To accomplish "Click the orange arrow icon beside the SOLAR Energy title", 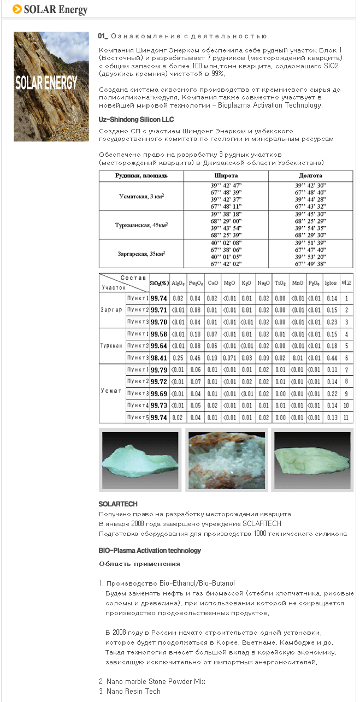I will click(17, 9).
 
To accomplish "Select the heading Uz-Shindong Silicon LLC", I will click(137, 119).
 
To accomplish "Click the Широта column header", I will click(226, 176).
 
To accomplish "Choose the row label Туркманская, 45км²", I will click(141, 225).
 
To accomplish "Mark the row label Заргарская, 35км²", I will click(141, 253).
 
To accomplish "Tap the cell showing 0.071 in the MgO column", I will click(229, 357).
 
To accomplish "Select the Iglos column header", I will click(331, 283).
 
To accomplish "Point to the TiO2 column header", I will click(280, 283).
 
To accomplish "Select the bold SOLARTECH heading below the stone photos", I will click(118, 504).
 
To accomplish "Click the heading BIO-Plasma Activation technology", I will click(150, 550).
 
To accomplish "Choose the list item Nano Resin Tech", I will click(133, 691).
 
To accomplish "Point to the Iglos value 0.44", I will click(331, 357).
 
